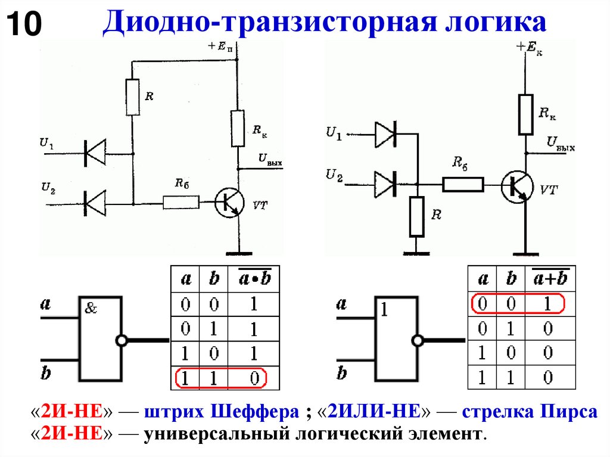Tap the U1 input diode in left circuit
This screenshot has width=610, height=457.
click(x=94, y=153)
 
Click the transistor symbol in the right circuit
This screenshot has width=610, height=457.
click(x=516, y=186)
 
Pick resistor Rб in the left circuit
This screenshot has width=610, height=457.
click(x=181, y=203)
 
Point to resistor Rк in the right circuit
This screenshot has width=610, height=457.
click(x=525, y=114)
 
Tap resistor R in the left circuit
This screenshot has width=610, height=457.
click(x=133, y=97)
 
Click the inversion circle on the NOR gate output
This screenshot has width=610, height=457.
click(x=418, y=340)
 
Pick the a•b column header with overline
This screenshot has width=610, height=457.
click(x=254, y=279)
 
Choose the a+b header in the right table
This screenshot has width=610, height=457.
click(x=550, y=279)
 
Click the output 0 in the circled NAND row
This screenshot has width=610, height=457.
click(x=254, y=378)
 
